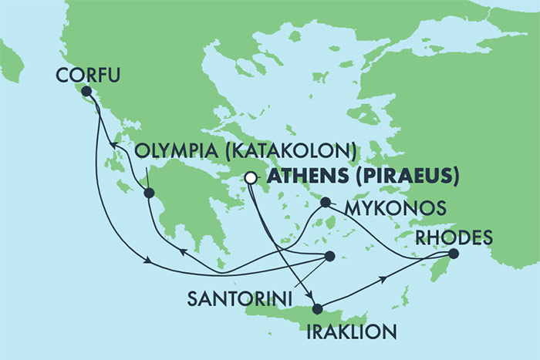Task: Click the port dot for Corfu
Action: (86, 91)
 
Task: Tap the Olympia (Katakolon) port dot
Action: (150, 193)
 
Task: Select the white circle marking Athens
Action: (250, 178)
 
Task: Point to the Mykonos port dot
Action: (326, 203)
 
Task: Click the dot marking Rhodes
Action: (454, 253)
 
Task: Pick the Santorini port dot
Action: (329, 256)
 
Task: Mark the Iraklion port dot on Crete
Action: (317, 309)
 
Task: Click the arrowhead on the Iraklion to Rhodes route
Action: (383, 280)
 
